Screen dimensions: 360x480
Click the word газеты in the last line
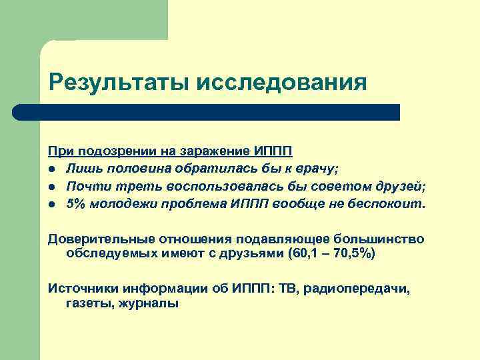tap(88, 303)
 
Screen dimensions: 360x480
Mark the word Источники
tap(82, 288)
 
